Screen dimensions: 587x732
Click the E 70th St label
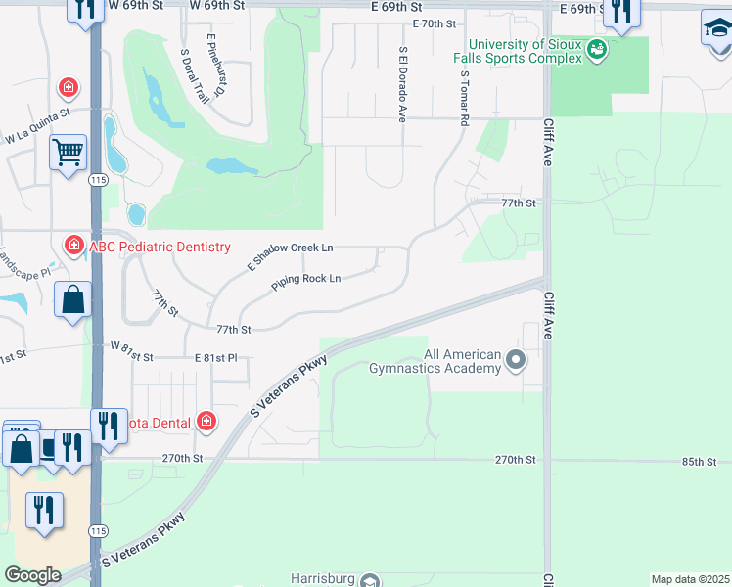point(435,23)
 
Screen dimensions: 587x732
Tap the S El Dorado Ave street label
point(401,84)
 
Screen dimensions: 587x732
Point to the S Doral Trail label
point(195,75)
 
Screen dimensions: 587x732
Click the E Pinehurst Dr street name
point(215,66)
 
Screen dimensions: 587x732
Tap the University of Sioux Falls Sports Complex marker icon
point(595,48)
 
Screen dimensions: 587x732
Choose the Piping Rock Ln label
point(305,282)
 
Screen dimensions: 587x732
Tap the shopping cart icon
point(69,152)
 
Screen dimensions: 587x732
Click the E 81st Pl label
point(215,359)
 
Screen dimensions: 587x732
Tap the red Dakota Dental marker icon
point(206,422)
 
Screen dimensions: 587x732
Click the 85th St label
point(700,461)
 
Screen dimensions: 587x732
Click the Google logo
point(32,575)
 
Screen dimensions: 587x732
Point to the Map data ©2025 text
point(690,579)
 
